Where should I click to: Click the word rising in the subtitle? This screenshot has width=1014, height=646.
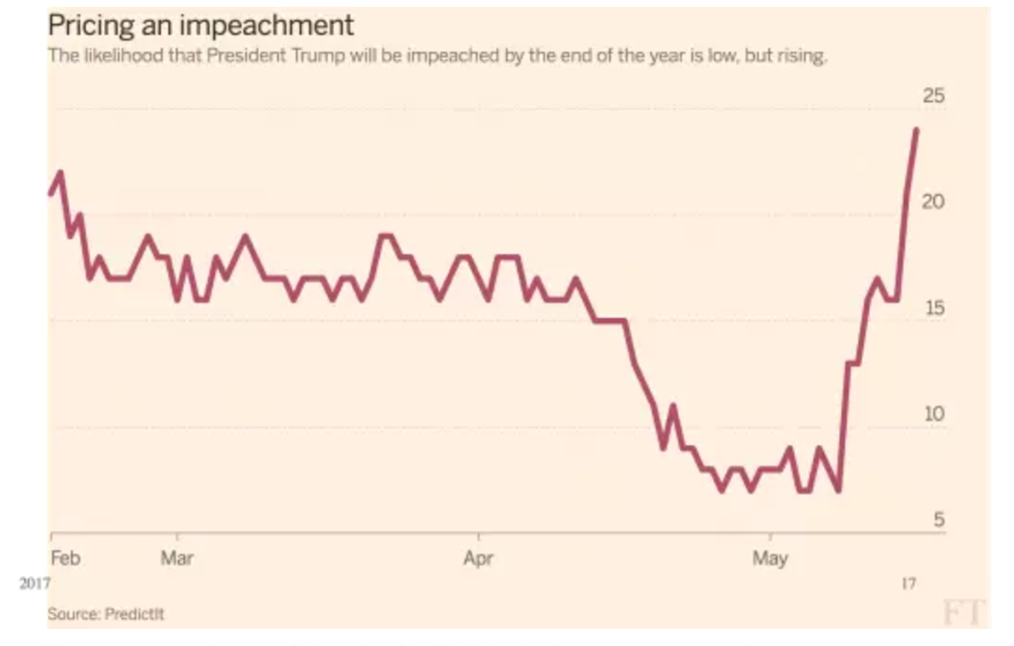pyautogui.click(x=803, y=57)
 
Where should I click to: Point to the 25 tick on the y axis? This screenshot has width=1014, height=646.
pyautogui.click(x=934, y=95)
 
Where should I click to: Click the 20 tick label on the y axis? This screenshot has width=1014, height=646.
pyautogui.click(x=934, y=202)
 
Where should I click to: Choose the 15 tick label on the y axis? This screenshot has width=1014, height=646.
pyautogui.click(x=934, y=309)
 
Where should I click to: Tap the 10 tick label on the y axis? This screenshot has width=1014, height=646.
pyautogui.click(x=934, y=414)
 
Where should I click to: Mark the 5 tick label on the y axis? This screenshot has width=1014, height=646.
pyautogui.click(x=938, y=520)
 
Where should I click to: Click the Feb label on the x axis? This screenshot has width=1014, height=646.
pyautogui.click(x=66, y=559)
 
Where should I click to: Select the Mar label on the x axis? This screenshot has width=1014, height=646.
pyautogui.click(x=176, y=559)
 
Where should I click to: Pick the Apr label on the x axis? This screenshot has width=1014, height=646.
pyautogui.click(x=478, y=559)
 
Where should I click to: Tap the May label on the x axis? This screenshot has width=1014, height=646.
pyautogui.click(x=770, y=559)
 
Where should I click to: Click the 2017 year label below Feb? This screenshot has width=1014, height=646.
pyautogui.click(x=34, y=584)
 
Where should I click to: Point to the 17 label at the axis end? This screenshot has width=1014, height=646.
pyautogui.click(x=908, y=584)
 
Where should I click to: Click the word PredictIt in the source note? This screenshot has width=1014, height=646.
pyautogui.click(x=135, y=614)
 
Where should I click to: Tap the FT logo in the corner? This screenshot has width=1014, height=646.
pyautogui.click(x=963, y=612)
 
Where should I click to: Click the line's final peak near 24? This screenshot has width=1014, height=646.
pyautogui.click(x=916, y=130)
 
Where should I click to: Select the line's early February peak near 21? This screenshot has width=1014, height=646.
pyautogui.click(x=60, y=172)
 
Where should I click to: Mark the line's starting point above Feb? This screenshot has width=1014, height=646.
pyautogui.click(x=50, y=193)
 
